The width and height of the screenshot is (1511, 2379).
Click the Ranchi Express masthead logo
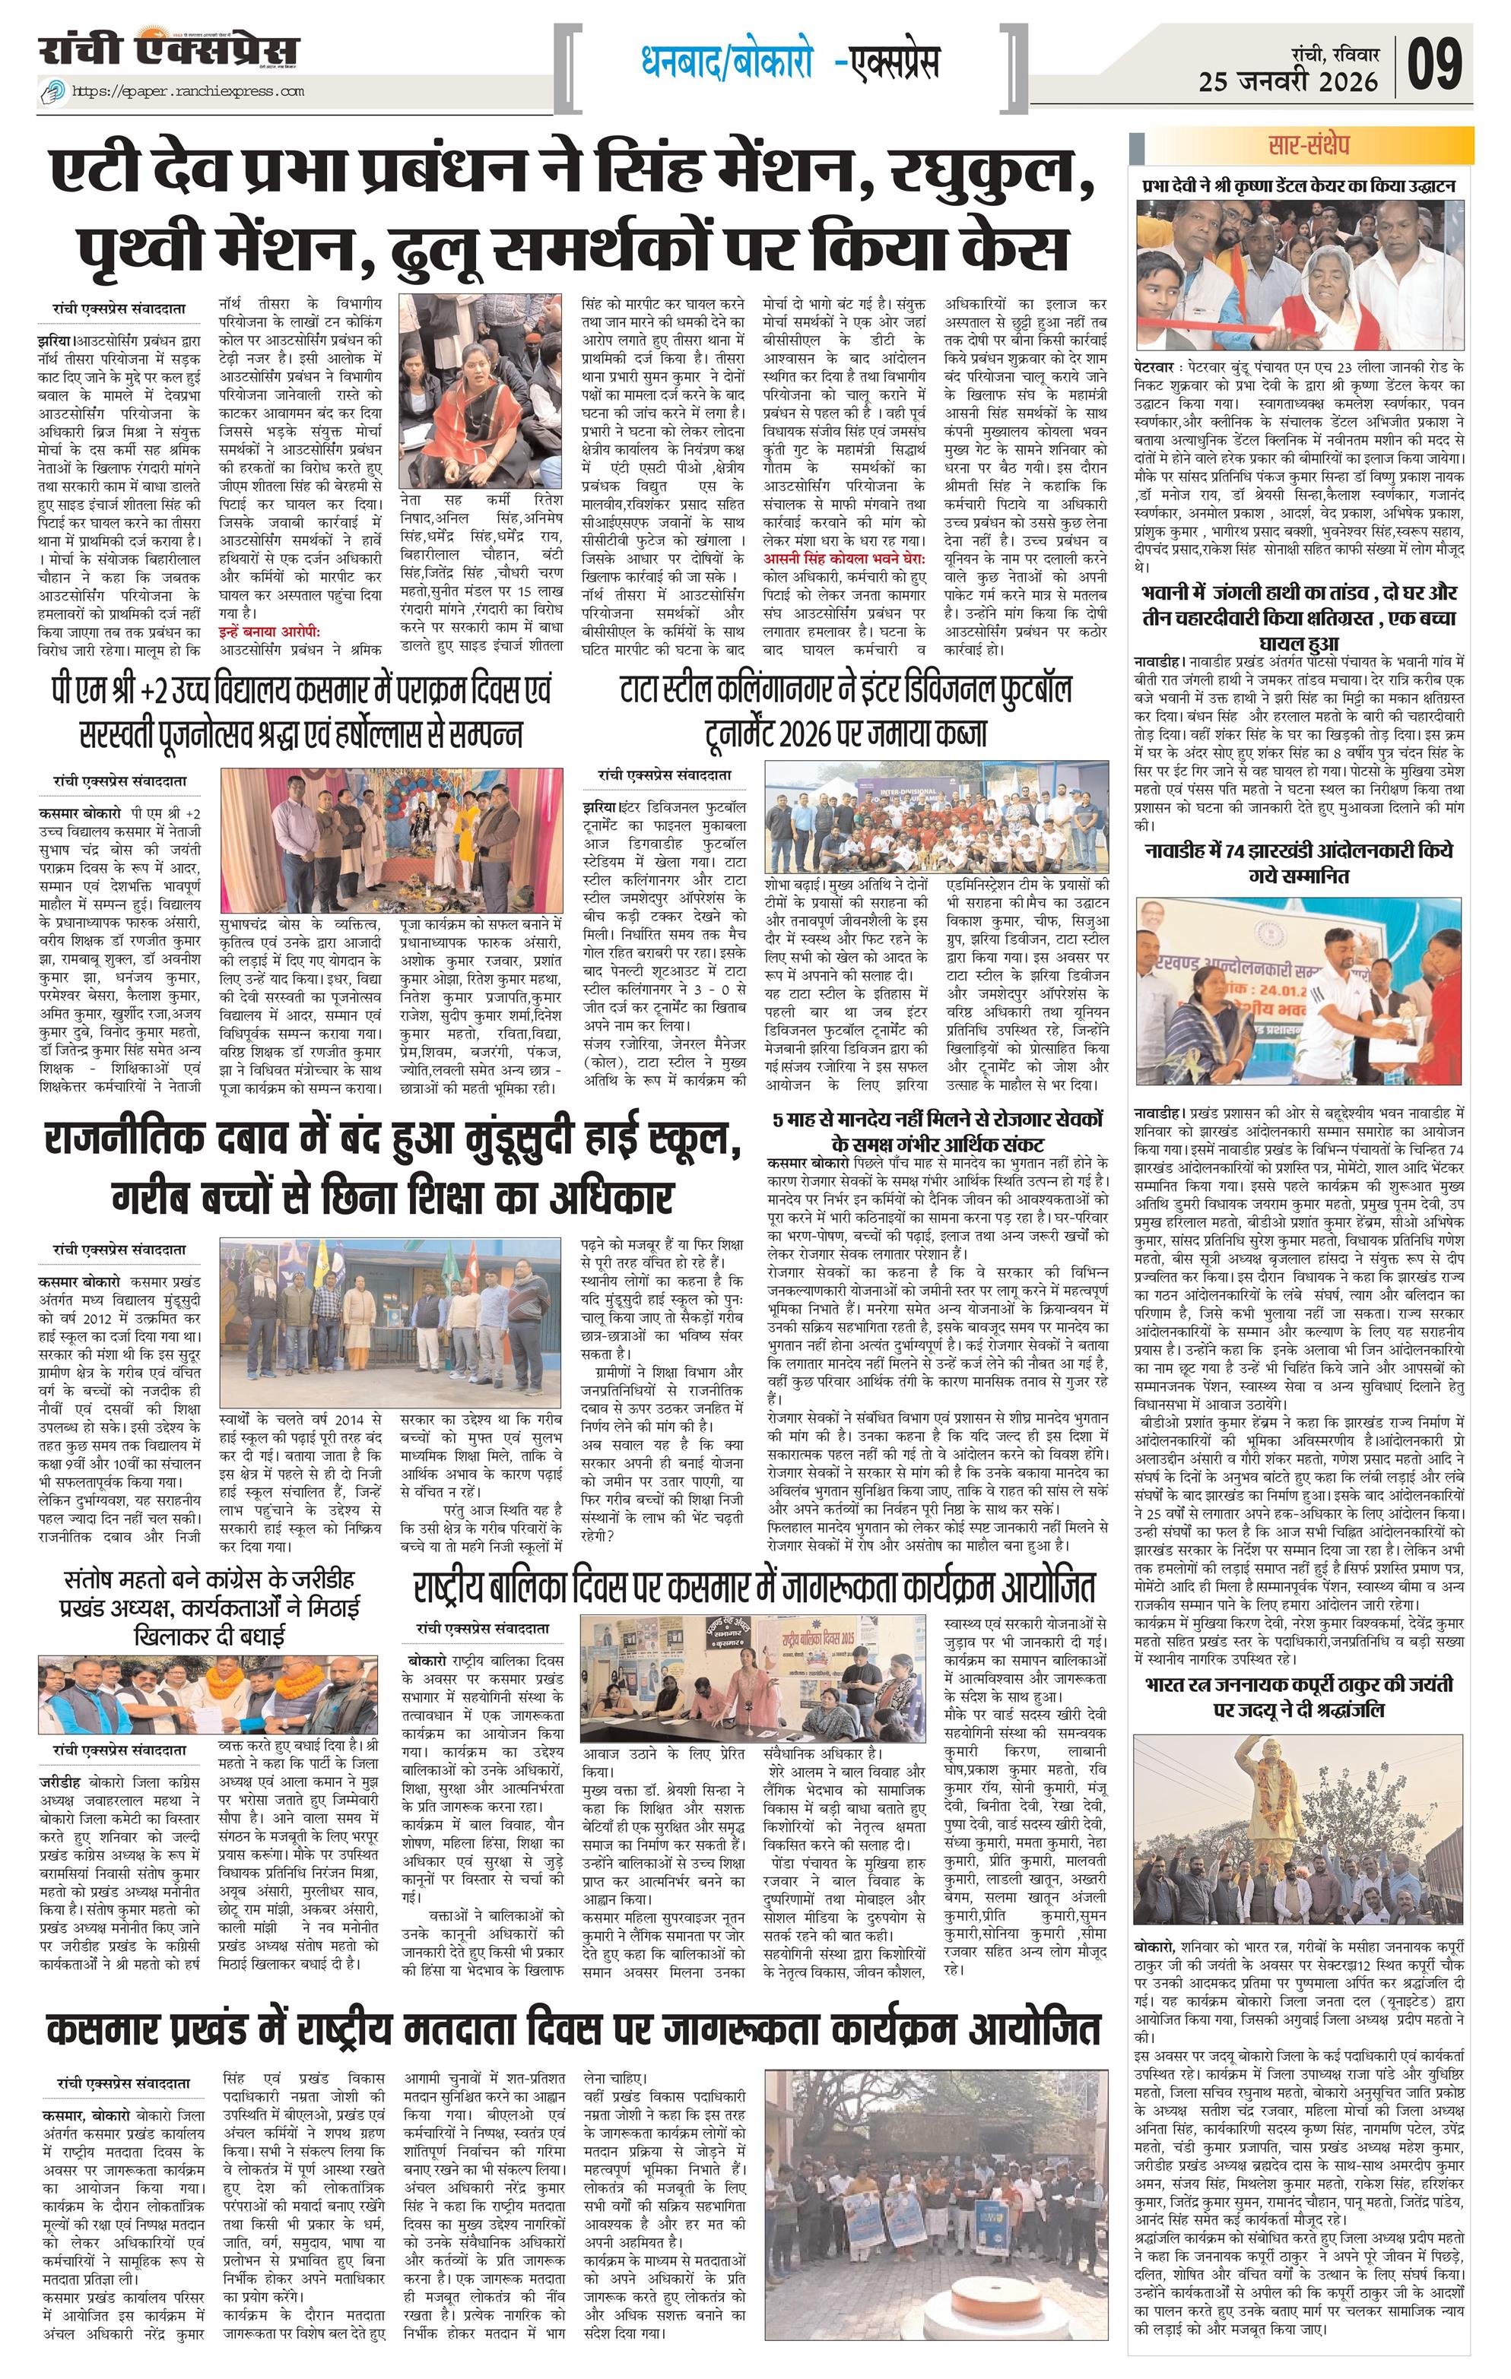coord(168,49)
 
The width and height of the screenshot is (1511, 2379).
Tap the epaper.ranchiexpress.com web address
coord(188,92)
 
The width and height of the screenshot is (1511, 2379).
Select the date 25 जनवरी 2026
coord(1287,82)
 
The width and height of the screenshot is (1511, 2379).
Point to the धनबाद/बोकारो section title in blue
coord(727,63)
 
